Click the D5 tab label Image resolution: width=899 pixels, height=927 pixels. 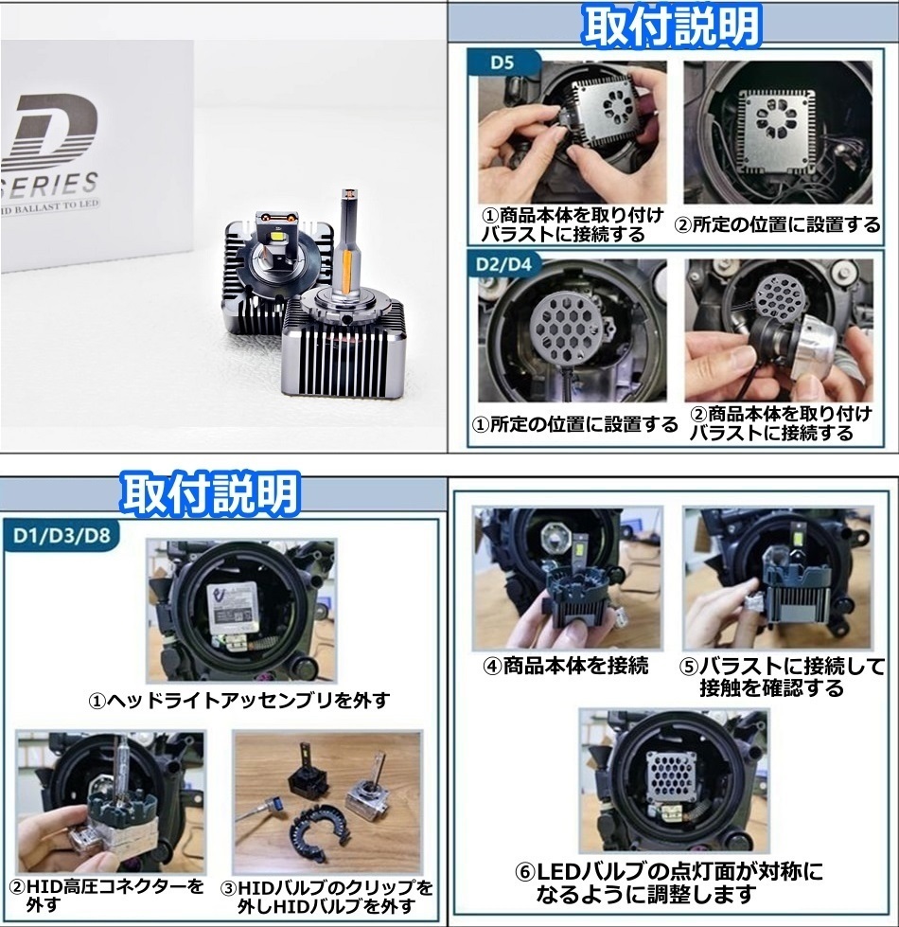(502, 62)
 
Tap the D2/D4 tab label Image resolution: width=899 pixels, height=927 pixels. (503, 263)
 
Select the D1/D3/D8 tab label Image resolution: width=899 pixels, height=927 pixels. (62, 536)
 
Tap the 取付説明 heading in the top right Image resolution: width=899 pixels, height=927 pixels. (671, 26)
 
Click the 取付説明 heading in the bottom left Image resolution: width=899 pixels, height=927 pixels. (210, 493)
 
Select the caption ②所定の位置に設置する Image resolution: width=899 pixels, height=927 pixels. (777, 225)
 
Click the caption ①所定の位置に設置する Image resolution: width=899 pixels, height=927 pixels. (575, 424)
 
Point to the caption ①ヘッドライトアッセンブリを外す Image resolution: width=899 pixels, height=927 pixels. (239, 701)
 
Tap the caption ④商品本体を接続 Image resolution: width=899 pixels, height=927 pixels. (566, 667)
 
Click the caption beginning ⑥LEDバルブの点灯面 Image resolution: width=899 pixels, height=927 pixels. (669, 883)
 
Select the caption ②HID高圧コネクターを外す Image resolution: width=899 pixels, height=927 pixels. (106, 895)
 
